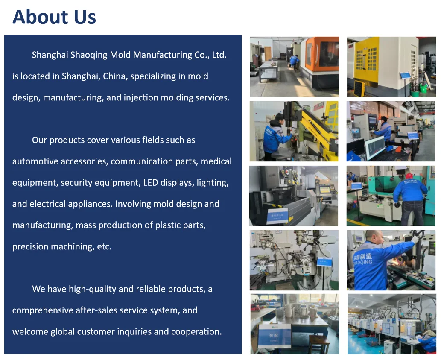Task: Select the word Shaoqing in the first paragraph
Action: tap(90, 55)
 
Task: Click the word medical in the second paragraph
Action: tap(216, 161)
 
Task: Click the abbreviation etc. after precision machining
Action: tap(104, 247)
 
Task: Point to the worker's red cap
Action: tap(409, 176)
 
